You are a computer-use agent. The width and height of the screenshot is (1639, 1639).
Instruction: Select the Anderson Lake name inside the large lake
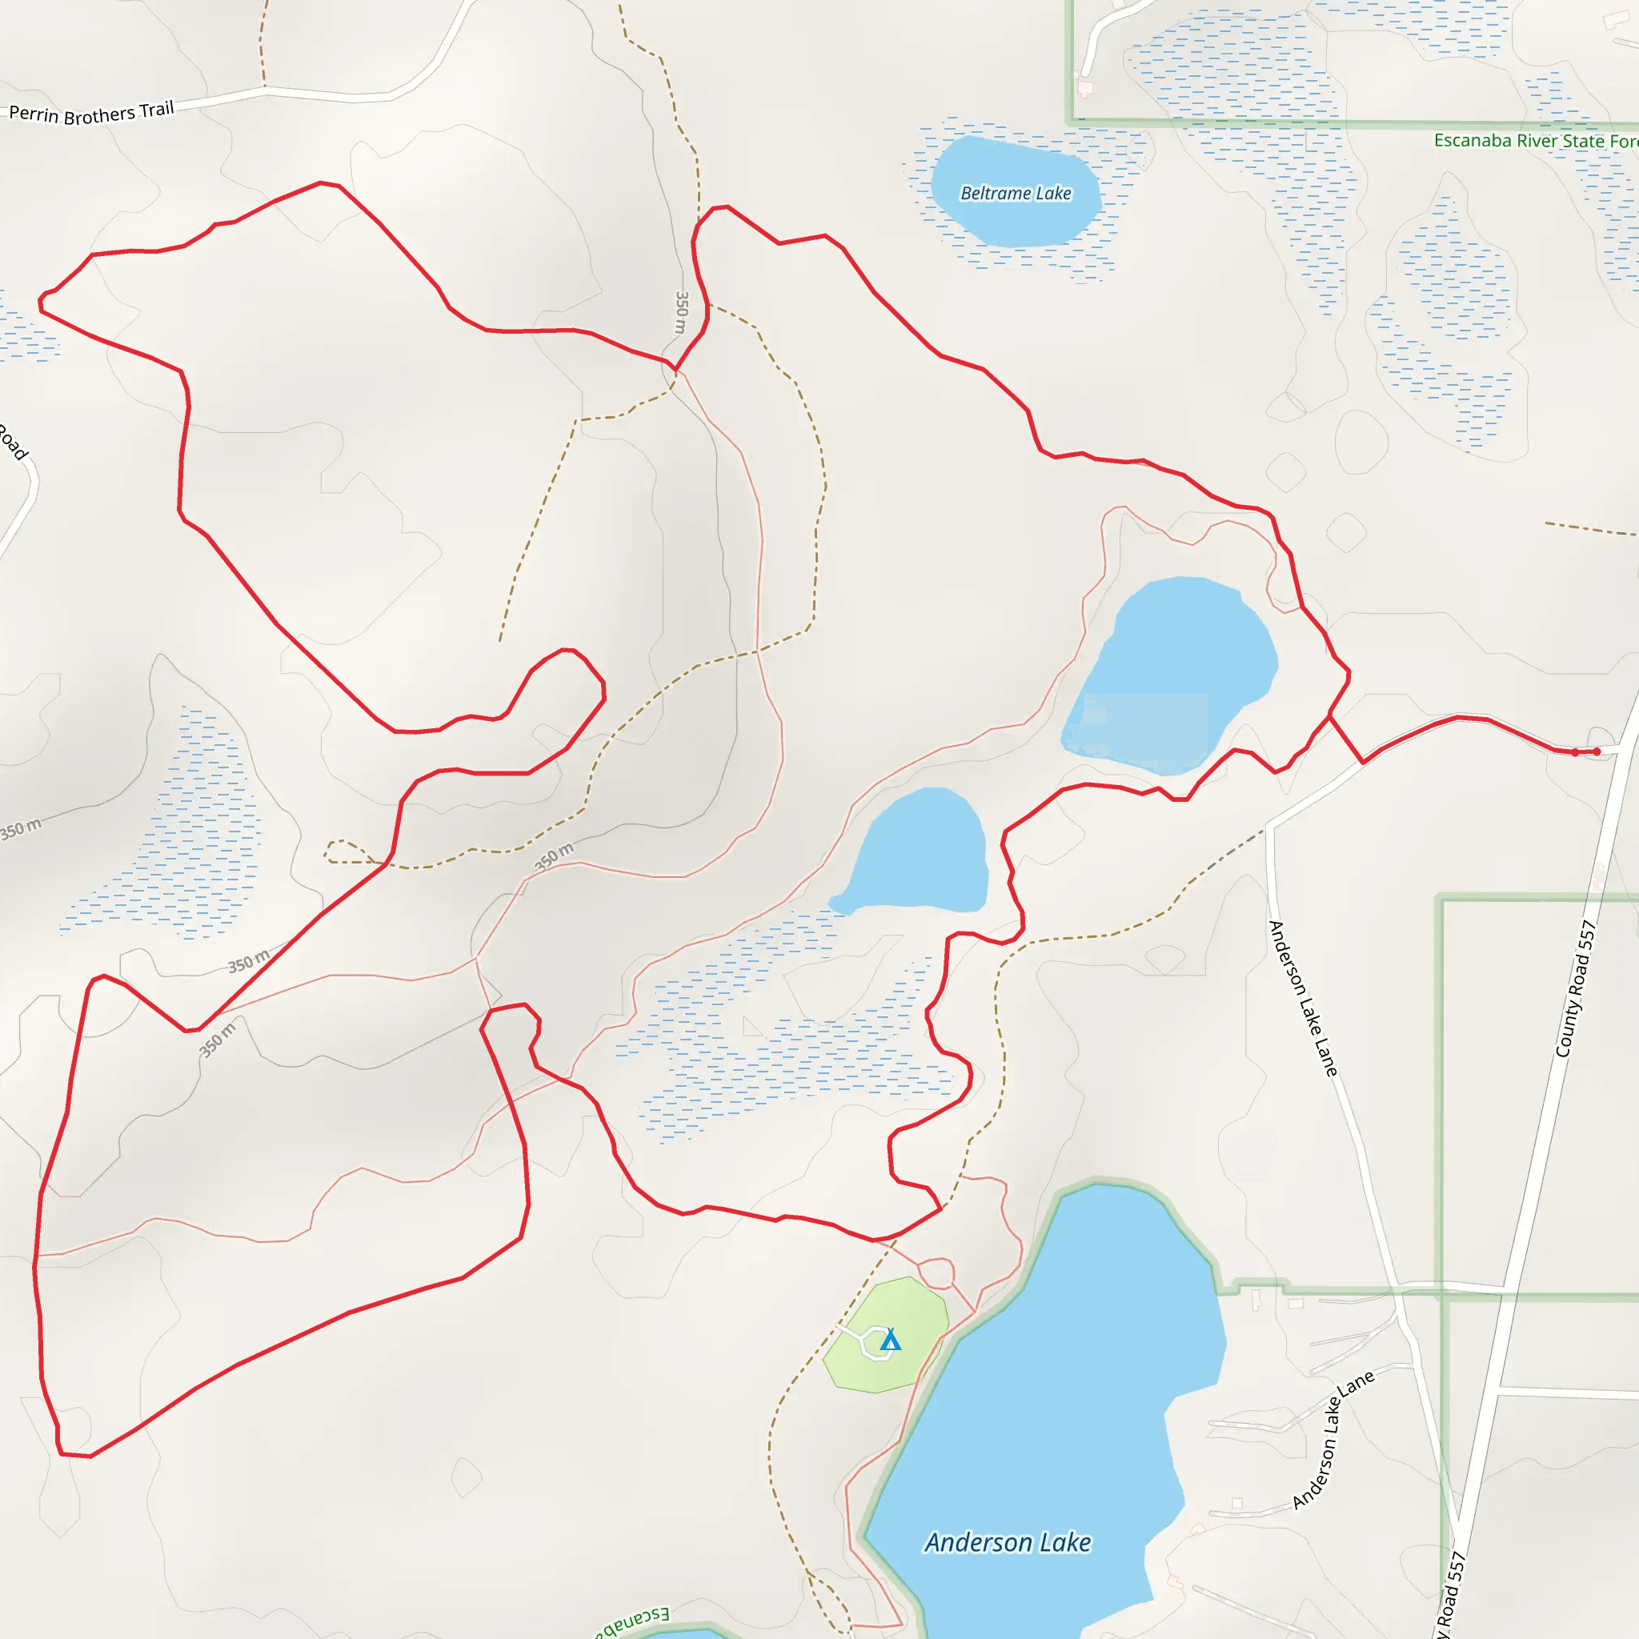click(1008, 1542)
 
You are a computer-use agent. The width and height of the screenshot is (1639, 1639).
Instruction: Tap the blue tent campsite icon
click(890, 1341)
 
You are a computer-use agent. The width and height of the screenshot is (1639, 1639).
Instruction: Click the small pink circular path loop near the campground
click(936, 1273)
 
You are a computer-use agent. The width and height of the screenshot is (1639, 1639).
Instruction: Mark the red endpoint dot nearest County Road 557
click(1597, 751)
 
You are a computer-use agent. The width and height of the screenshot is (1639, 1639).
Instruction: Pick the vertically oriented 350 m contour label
click(681, 312)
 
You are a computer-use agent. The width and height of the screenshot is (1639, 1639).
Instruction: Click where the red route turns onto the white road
click(1363, 763)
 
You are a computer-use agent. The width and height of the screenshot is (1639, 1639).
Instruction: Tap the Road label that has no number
click(14, 441)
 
